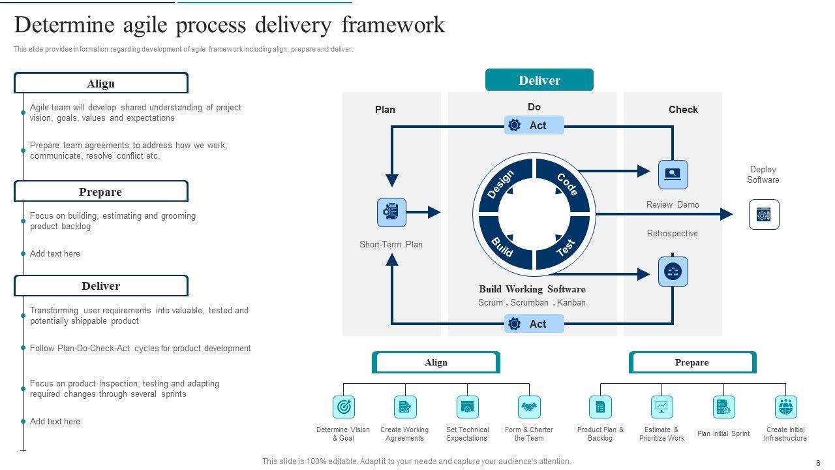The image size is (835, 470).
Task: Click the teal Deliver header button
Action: [x=539, y=80]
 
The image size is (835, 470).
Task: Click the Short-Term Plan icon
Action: [x=391, y=212]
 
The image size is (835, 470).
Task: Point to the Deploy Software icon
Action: [x=764, y=215]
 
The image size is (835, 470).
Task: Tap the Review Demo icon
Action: [x=673, y=174]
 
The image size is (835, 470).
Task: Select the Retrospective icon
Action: [x=673, y=272]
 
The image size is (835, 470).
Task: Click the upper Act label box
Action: [x=534, y=125]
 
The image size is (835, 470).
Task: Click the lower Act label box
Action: [x=534, y=324]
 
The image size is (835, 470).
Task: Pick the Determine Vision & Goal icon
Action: [x=343, y=407]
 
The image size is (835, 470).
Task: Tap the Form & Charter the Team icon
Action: [x=529, y=407]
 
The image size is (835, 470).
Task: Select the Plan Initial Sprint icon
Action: [x=723, y=407]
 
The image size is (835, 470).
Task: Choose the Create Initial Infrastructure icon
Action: [x=785, y=407]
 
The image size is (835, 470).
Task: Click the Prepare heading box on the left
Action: [x=101, y=192]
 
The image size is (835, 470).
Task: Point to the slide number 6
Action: [x=818, y=463]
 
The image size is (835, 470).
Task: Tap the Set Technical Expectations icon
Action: [x=467, y=407]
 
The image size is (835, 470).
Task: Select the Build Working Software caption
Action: [x=532, y=289]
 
